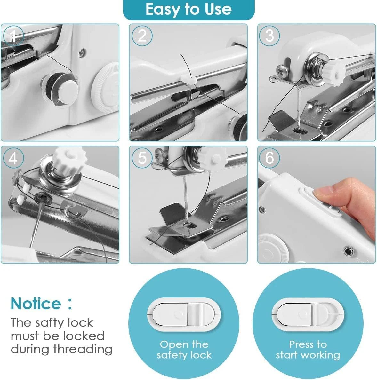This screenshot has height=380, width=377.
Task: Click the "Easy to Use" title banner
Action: point(188,10)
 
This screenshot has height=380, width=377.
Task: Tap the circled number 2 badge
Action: point(142,36)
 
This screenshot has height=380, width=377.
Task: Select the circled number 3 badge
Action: point(269,36)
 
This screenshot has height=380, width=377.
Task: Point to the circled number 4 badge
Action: point(13,158)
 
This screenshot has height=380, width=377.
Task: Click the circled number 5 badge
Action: point(142,158)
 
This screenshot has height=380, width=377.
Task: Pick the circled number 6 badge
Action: point(269,158)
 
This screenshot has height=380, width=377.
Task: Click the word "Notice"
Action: point(36,304)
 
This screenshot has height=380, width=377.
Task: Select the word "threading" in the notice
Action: point(83,350)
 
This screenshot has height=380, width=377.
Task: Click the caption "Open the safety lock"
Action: point(184,350)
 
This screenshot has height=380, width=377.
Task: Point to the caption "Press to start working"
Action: point(308,350)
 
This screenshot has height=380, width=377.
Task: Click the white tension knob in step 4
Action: point(68,159)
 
